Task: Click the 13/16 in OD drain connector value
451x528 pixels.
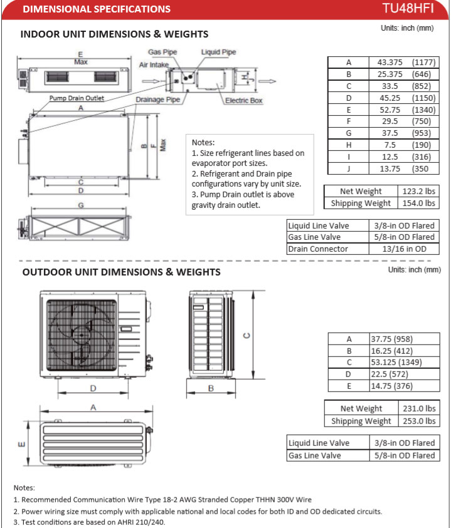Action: (x=405, y=249)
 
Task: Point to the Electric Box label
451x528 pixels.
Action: (x=243, y=100)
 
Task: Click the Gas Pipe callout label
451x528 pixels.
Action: (x=162, y=52)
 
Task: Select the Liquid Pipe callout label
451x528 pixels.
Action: (x=219, y=52)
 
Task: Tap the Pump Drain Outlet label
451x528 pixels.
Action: (x=77, y=98)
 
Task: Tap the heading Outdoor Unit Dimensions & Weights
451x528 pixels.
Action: (x=121, y=272)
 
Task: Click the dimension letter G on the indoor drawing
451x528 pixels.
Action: (x=80, y=205)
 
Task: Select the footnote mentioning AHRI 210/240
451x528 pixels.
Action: (x=90, y=522)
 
